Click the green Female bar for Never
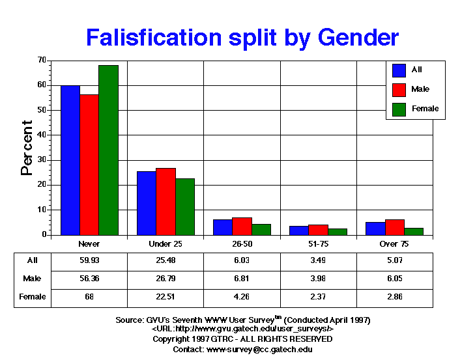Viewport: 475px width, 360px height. click(108, 150)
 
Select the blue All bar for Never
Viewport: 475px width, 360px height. click(70, 160)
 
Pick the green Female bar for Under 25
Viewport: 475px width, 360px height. click(185, 206)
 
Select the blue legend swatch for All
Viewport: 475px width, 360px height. click(400, 70)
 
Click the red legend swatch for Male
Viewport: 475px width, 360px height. click(400, 89)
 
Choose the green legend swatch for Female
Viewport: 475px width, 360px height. click(400, 109)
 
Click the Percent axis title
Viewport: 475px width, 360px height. click(27, 148)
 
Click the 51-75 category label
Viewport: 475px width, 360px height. click(318, 243)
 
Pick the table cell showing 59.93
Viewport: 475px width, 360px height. click(89, 260)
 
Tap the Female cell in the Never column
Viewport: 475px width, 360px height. click(89, 297)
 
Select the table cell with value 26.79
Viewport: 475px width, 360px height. click(166, 279)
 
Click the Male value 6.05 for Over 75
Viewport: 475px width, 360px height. click(394, 279)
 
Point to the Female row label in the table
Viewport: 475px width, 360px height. click(33, 297)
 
